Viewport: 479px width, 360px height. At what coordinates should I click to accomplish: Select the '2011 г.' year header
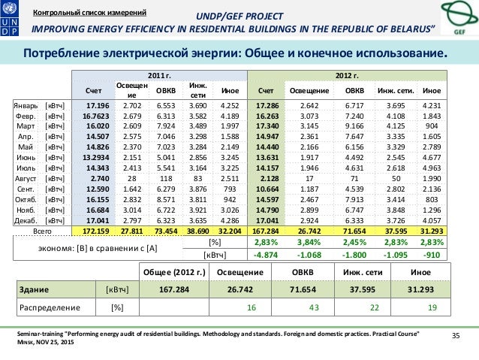(x=158, y=77)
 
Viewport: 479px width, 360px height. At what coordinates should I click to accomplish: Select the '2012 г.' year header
(x=347, y=77)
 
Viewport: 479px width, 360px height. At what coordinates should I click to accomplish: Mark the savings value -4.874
(x=267, y=254)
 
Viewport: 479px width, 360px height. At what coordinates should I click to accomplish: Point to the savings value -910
(x=433, y=254)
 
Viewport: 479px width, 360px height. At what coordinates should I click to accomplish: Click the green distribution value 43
(x=315, y=307)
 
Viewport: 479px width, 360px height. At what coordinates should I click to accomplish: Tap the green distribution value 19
(x=432, y=307)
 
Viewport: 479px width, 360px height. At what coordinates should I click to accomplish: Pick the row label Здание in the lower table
(x=32, y=289)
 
